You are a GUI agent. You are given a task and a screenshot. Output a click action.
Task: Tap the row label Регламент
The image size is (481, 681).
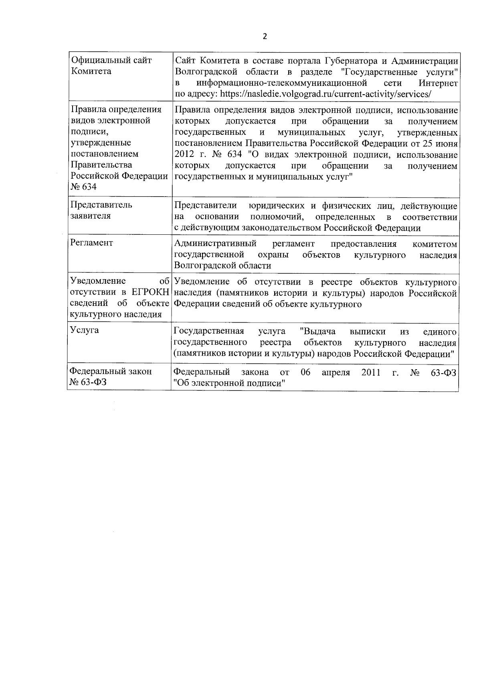(91, 243)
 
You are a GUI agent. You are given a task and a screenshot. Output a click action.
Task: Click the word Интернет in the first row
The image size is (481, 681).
(438, 83)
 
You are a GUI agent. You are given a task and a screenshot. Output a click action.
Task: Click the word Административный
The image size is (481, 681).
(216, 244)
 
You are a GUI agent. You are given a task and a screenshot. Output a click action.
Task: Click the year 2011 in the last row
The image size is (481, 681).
(371, 372)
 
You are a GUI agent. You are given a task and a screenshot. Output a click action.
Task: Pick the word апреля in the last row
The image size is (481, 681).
(336, 372)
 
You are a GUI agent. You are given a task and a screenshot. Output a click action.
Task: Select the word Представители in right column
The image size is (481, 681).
(206, 206)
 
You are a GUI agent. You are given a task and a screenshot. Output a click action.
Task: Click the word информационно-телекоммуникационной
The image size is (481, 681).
(282, 83)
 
